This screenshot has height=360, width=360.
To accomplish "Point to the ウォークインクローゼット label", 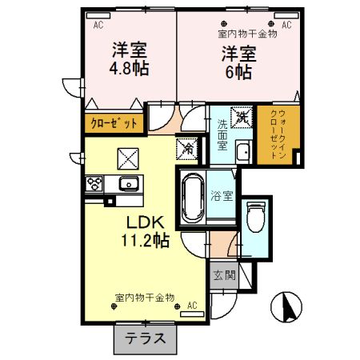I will coord(278,134).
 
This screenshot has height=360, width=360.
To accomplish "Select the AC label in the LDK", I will coord(192,305).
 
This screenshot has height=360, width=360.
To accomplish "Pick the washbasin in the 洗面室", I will coord(245,153).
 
